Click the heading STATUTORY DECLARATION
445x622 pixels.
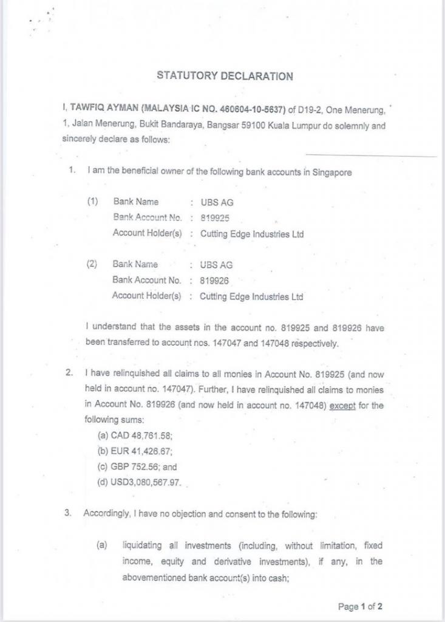[225, 76]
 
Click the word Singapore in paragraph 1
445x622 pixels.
[332, 172]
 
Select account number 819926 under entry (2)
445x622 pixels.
[214, 281]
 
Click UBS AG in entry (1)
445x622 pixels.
[216, 202]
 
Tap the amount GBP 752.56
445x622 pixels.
[127, 467]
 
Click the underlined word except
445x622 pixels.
[341, 405]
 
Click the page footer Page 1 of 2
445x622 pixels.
[360, 606]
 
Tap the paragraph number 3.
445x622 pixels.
[68, 513]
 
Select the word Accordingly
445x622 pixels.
[107, 513]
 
